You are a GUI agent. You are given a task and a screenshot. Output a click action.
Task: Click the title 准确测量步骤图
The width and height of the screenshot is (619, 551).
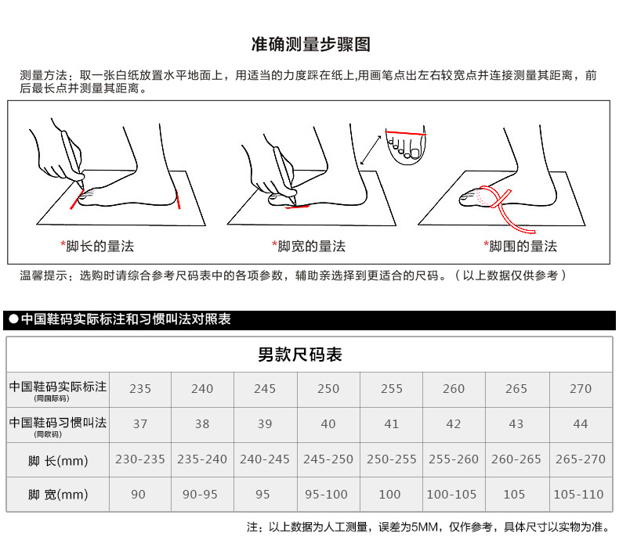(x=311, y=44)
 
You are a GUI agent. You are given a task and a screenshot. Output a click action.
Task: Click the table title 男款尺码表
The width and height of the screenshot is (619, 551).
(x=300, y=355)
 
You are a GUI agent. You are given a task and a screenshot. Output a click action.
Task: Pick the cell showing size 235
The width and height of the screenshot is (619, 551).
(x=140, y=389)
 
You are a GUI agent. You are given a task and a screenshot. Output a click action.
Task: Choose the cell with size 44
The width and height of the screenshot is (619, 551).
(x=581, y=424)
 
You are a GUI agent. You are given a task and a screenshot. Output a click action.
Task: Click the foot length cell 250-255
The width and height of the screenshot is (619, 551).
(x=391, y=459)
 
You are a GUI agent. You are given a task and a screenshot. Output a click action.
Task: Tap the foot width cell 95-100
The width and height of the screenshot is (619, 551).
(x=326, y=494)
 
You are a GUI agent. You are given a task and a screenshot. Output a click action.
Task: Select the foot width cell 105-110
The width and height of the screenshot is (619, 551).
(x=579, y=494)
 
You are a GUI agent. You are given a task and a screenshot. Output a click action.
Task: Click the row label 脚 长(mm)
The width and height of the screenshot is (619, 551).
(x=58, y=461)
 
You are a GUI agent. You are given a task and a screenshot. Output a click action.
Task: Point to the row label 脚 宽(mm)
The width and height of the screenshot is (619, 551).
(x=58, y=495)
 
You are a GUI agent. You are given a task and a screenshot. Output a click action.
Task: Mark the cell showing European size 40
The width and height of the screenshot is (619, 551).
(x=328, y=424)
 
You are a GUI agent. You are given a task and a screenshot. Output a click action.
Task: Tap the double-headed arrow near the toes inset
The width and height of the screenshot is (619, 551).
(x=371, y=150)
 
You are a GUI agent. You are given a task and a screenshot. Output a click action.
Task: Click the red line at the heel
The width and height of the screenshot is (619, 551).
(x=178, y=199)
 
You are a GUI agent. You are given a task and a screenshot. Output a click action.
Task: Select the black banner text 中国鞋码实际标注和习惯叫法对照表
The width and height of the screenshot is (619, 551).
(x=126, y=319)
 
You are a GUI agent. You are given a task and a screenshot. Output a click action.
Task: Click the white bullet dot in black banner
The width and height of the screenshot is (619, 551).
(x=14, y=319)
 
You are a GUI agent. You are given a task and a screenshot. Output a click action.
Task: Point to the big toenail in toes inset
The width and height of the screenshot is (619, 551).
(x=415, y=153)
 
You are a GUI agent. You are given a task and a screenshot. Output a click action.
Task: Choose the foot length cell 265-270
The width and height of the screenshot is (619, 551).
(x=581, y=459)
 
